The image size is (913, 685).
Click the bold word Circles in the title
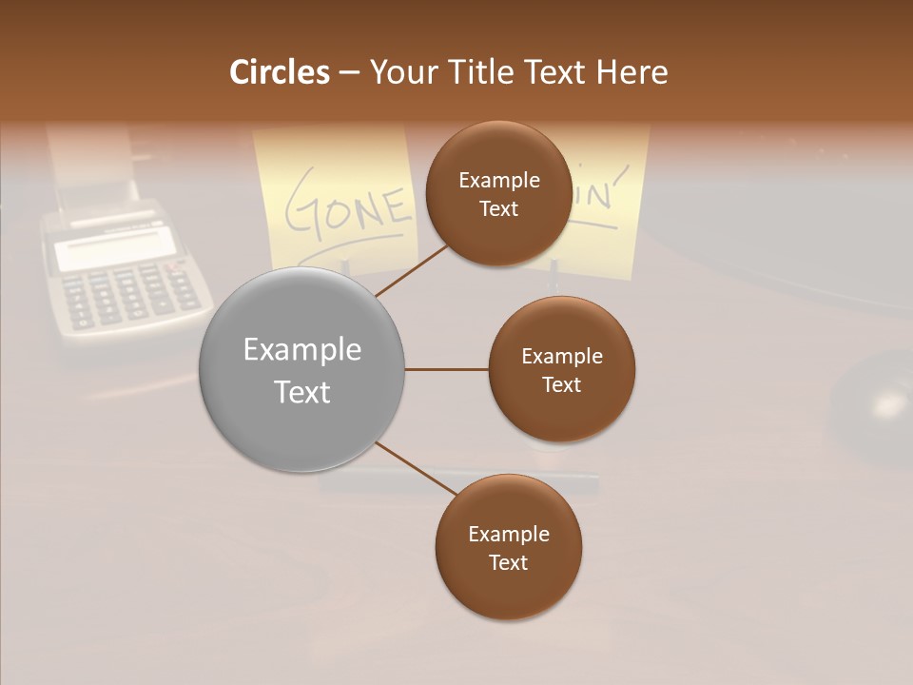point(280,72)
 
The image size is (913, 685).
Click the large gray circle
point(302,369)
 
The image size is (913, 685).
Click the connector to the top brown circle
point(412,269)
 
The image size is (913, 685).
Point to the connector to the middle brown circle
point(446,369)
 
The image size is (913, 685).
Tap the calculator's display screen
point(114,249)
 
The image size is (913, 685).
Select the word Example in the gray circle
point(302,350)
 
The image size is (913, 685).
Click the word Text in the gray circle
point(302,392)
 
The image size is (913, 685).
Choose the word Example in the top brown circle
point(499,181)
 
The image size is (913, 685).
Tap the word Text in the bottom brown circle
point(508,562)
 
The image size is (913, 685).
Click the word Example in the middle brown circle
point(561,357)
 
